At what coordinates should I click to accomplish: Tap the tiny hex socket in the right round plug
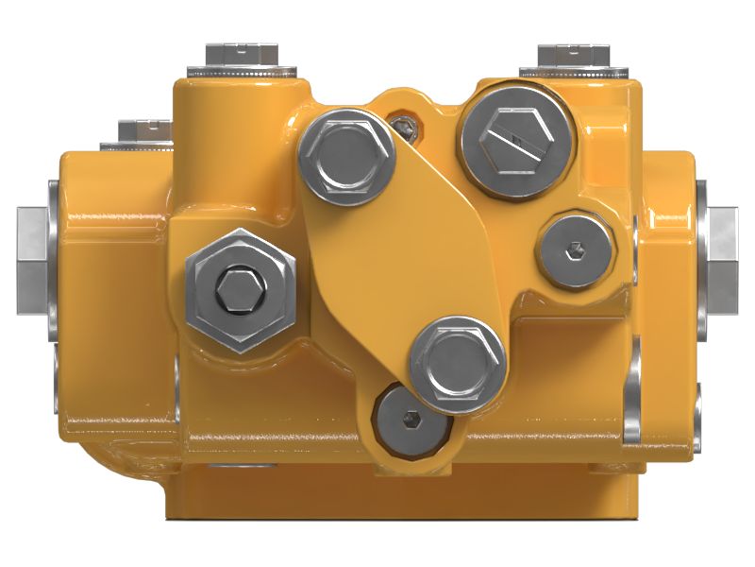click(x=577, y=249)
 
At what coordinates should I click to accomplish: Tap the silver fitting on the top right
click(x=572, y=60)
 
